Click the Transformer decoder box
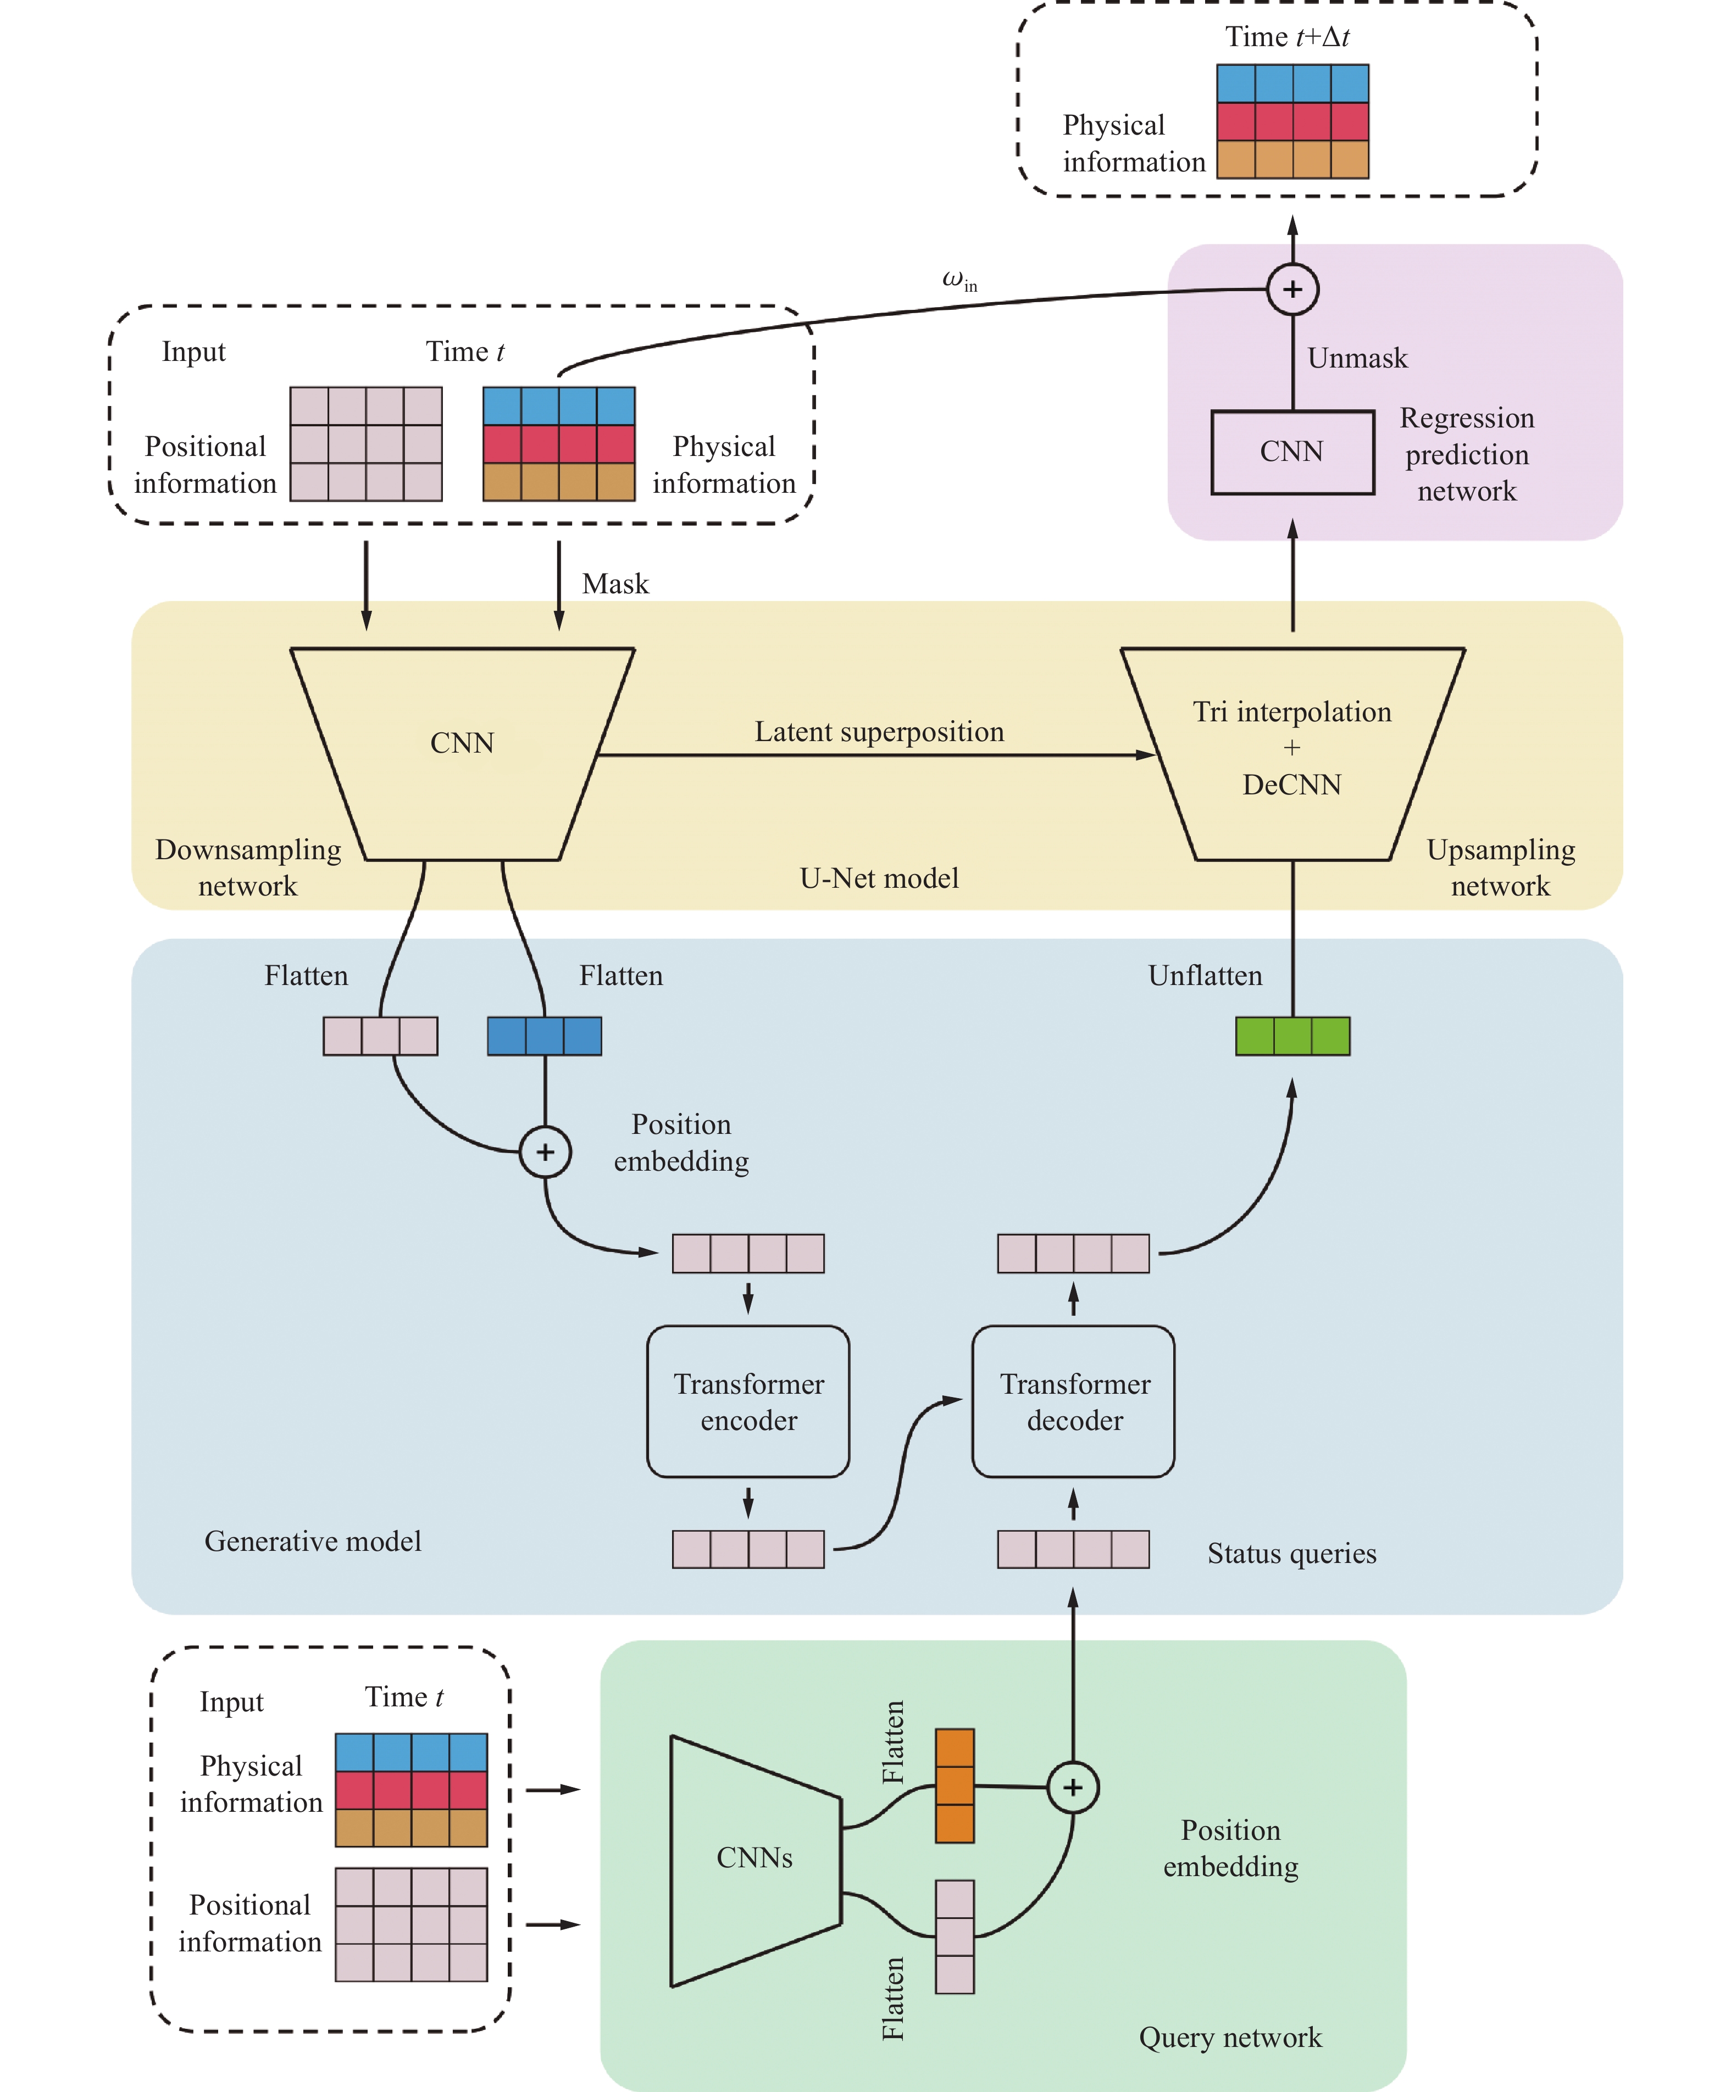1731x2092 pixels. coord(1073,1401)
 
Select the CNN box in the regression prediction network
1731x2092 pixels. coord(1291,452)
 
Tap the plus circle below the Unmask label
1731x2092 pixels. coord(1292,289)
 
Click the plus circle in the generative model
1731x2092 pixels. coord(545,1151)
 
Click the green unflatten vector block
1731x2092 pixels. coord(1292,1036)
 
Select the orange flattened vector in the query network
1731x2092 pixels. coord(955,1785)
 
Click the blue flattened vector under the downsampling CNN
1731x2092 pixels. coord(544,1036)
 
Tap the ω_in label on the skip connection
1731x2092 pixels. coord(959,281)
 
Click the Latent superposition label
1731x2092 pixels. coord(879,732)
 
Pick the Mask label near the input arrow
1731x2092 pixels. coord(615,584)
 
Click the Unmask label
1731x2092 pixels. coord(1357,359)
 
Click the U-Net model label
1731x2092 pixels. coord(879,878)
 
